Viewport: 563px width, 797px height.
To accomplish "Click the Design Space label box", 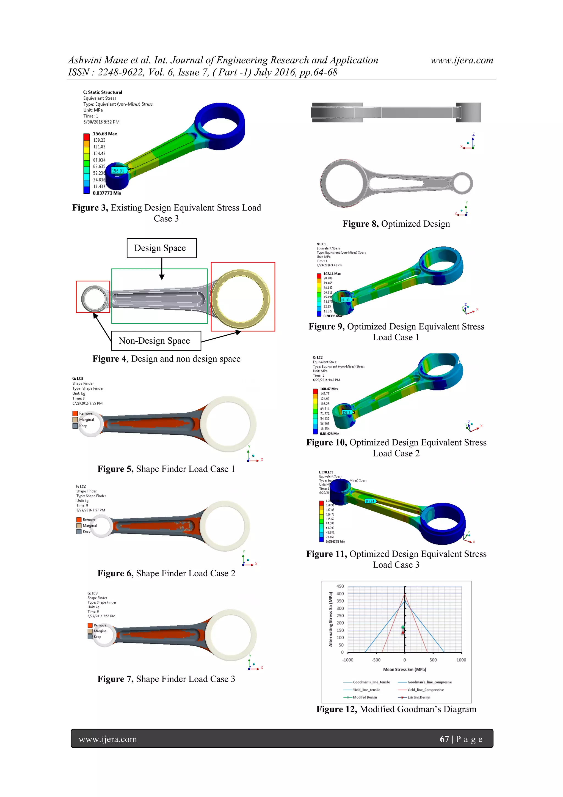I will [x=161, y=248].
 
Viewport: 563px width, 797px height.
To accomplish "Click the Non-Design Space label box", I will [x=156, y=341].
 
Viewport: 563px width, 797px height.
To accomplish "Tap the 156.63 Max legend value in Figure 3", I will [x=105, y=134].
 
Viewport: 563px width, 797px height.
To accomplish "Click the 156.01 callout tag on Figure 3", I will [x=118, y=171].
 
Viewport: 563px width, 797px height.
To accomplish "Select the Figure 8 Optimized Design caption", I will [x=396, y=224].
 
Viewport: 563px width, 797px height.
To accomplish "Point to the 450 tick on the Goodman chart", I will [x=340, y=586].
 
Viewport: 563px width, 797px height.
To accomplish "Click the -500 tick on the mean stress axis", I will [x=376, y=660].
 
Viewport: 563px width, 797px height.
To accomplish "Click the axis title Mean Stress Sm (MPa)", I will [x=404, y=669].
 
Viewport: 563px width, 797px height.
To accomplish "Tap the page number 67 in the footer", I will [x=444, y=739].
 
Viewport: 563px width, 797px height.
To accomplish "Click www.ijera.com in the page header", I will [x=462, y=60].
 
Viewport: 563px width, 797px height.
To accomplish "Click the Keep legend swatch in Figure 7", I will [x=90, y=637].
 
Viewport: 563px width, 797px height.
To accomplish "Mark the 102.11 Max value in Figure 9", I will [x=332, y=273].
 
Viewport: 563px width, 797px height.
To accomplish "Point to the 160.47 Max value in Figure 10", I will [x=329, y=389].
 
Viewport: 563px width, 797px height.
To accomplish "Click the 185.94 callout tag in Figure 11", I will [x=370, y=501].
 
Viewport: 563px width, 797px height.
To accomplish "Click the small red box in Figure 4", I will [x=93, y=297].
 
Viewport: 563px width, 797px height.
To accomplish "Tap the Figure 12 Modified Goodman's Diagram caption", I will [x=396, y=709].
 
